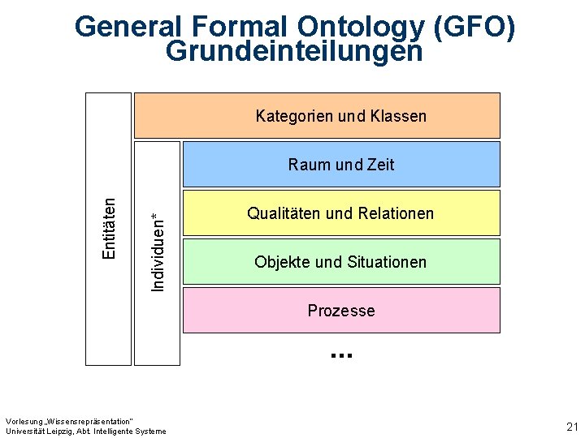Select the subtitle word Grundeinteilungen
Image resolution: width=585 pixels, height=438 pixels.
click(x=294, y=51)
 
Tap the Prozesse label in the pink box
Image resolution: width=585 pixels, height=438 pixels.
click(x=341, y=311)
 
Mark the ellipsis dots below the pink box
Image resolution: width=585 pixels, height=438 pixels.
click(x=341, y=354)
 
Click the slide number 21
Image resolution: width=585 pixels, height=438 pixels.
click(x=571, y=427)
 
